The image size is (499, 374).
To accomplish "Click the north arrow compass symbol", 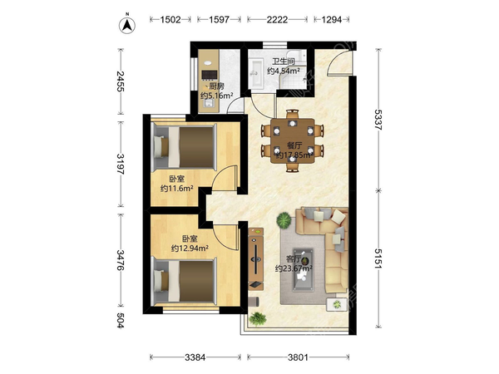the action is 127,25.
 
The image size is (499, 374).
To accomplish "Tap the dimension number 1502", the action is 170,20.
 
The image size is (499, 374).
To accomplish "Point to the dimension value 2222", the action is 277,20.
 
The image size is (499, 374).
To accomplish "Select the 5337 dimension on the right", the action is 378,119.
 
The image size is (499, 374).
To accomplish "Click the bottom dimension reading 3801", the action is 299,357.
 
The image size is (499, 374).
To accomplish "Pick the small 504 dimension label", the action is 121,320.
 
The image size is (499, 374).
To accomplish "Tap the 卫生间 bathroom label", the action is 284,62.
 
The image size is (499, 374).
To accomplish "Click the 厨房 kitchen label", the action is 216,86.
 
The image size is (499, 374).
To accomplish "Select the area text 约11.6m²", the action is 177,189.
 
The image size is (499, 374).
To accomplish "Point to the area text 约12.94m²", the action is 190,248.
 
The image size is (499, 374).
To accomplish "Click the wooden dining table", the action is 293,140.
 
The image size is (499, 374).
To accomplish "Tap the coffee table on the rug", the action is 303,269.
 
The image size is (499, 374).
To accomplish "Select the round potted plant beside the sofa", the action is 284,220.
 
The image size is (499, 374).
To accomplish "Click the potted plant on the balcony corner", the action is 257,318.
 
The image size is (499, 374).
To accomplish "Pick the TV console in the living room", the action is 256,258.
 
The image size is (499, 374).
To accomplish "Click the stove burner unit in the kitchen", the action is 210,75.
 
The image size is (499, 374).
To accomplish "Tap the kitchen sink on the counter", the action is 210,104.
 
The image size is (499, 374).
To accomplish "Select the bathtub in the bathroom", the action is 256,72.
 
